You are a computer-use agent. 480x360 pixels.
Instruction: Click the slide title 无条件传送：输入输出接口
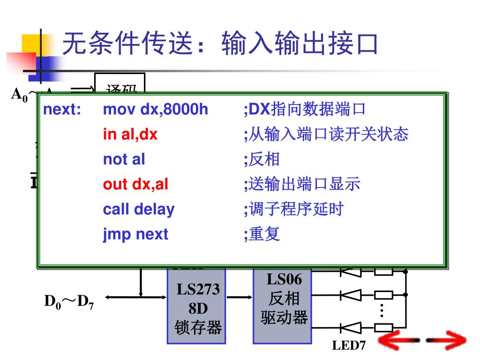coord(220,45)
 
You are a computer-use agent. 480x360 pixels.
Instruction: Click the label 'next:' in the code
coord(62,110)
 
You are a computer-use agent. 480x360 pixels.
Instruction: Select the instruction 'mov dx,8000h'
coord(155,110)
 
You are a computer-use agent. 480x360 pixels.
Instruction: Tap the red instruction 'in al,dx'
coord(130,135)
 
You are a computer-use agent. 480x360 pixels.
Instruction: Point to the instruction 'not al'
coord(124,159)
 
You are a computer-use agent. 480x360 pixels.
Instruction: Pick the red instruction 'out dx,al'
coord(135,184)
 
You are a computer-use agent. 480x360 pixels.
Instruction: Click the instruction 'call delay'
coord(139,209)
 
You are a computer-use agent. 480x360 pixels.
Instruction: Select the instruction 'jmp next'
coord(135,234)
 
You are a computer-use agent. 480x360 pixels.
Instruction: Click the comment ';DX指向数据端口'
coord(304,110)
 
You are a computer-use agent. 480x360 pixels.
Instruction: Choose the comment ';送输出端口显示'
coord(302,184)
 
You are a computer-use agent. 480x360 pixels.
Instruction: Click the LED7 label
coord(349,346)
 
